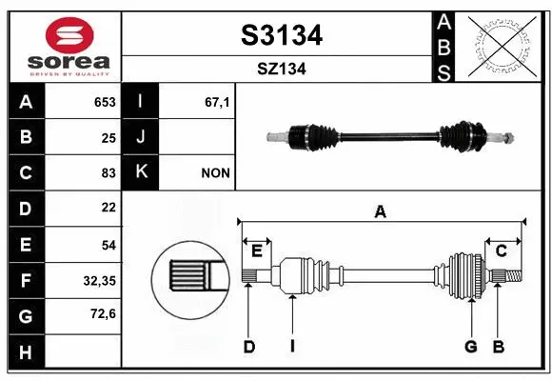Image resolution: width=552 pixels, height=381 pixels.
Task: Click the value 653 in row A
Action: coord(105,102)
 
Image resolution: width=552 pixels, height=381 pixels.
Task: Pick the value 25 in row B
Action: coord(108,137)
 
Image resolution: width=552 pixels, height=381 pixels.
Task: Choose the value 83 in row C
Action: coord(108,173)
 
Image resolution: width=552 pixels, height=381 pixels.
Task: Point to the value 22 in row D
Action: coord(108,209)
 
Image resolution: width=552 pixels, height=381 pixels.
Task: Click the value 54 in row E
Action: coord(108,245)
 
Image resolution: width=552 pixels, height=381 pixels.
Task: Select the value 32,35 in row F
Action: coord(100,280)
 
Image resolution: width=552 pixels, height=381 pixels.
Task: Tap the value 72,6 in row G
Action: coord(102,315)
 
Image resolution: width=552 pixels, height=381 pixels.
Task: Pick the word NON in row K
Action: coord(214,173)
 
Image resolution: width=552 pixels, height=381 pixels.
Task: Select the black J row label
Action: coord(141,137)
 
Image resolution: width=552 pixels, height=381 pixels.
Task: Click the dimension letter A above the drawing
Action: coord(381,212)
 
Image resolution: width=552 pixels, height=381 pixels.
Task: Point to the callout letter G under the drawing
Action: coord(470,347)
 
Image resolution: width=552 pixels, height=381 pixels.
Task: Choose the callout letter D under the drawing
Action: coord(248,347)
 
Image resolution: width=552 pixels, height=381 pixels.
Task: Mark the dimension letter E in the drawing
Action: coord(256,251)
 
